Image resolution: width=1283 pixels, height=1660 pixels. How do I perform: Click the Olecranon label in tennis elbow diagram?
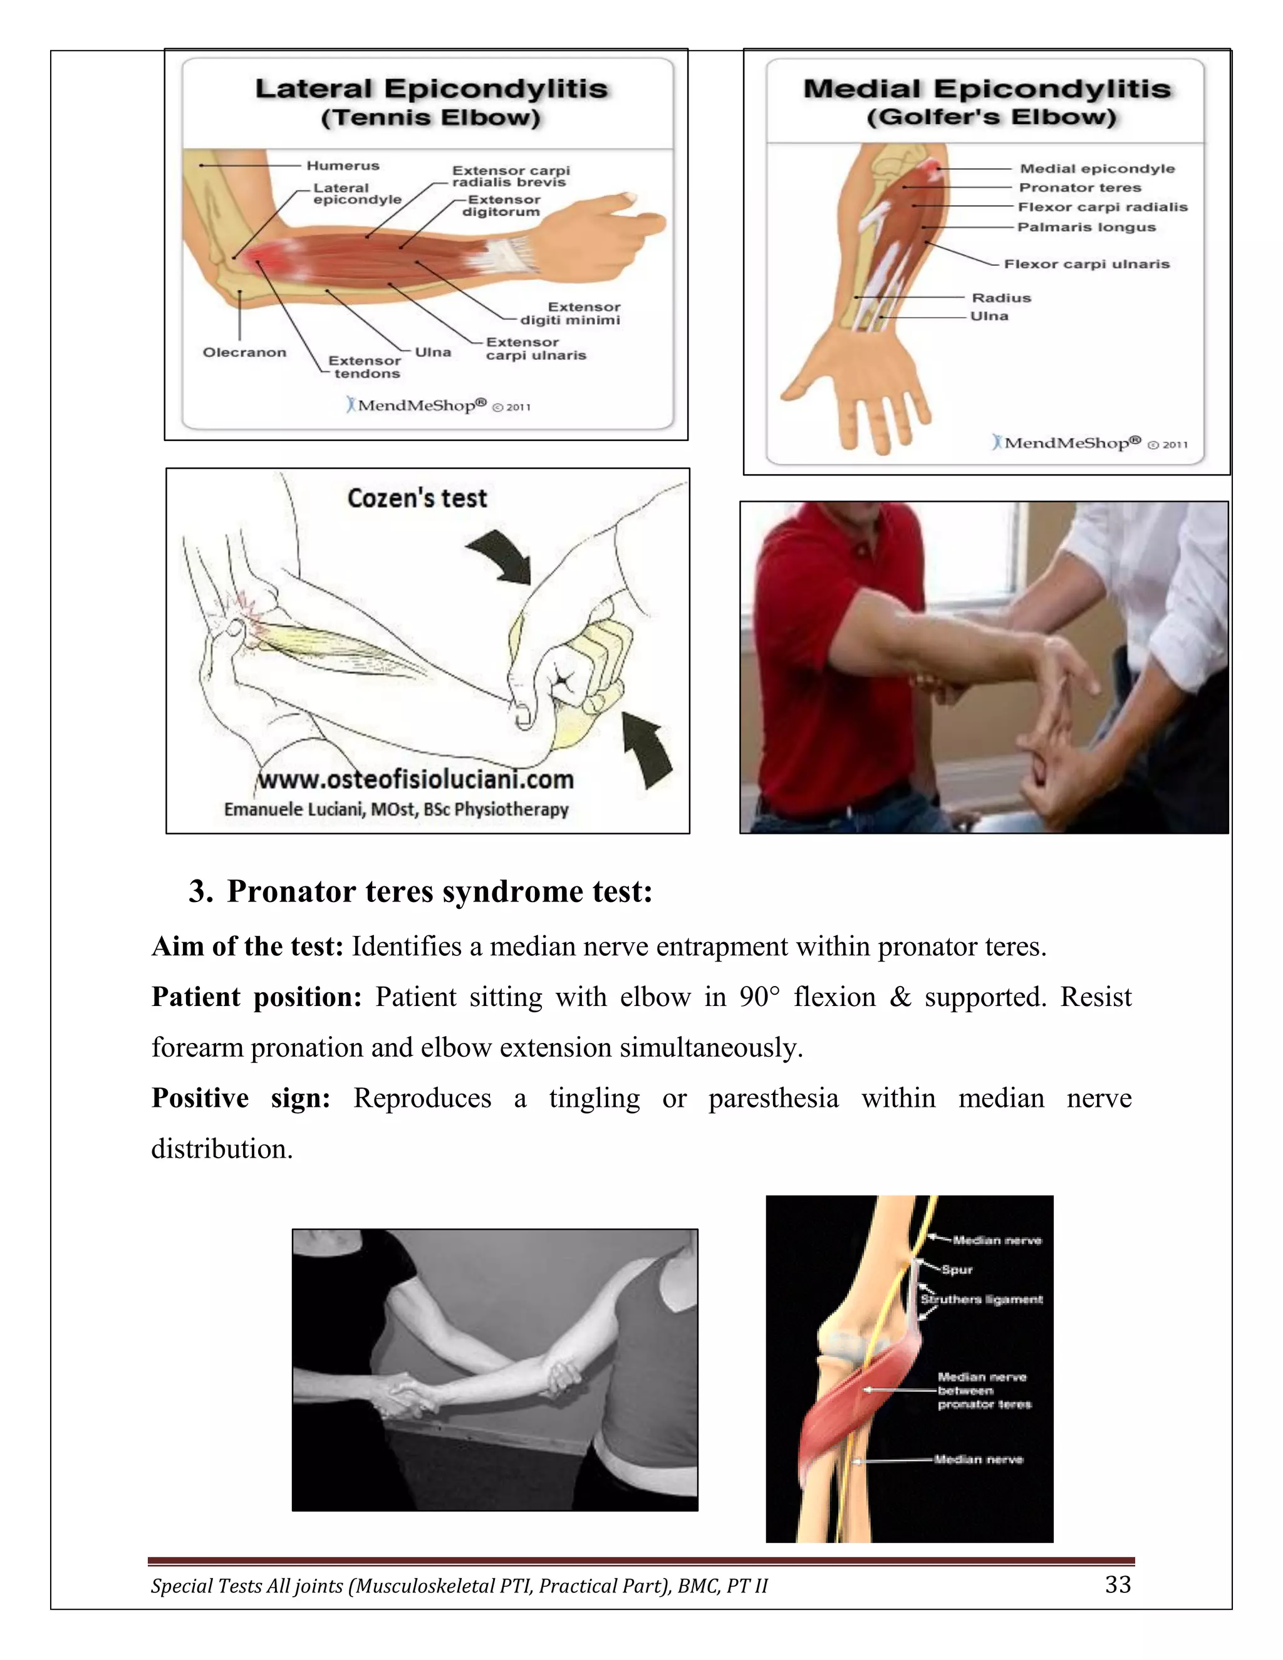coord(244,352)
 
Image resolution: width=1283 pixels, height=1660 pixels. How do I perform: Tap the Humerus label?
coord(343,166)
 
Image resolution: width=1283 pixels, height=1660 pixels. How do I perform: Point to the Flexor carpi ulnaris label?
coord(1086,264)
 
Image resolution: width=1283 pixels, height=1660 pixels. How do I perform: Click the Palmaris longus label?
coord(1086,227)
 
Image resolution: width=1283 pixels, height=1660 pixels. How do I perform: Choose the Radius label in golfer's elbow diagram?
coord(1001,298)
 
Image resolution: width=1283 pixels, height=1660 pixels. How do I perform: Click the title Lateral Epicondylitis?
coord(431,89)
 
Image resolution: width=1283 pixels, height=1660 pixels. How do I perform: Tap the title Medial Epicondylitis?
coord(987,89)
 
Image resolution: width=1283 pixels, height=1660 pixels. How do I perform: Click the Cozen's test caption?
coord(417,499)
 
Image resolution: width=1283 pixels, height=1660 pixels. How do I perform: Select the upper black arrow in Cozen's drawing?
coord(502,556)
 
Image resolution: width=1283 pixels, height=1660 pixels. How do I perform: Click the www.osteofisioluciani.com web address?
coord(416,780)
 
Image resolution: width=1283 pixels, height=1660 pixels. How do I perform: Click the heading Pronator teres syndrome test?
coord(439,891)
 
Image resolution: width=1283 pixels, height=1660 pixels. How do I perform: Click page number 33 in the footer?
coord(1118,1585)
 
